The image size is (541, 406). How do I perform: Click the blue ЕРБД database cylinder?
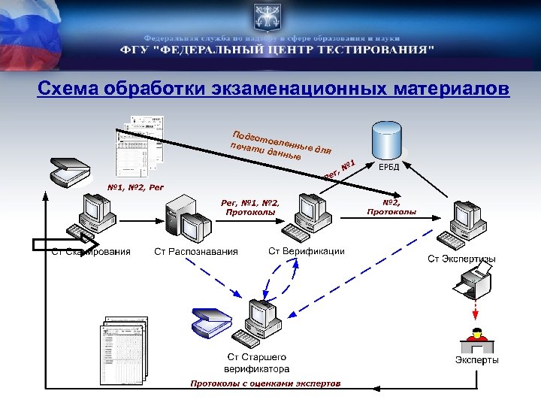388,141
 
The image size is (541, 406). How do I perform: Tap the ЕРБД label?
388,167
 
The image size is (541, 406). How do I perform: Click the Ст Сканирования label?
91,251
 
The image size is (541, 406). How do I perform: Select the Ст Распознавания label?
195,252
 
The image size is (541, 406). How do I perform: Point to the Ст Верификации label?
307,250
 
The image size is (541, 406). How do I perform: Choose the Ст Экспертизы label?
461,259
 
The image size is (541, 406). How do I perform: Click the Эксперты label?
476,360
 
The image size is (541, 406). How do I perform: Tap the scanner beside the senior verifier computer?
210,322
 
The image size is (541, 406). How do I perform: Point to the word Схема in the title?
70,89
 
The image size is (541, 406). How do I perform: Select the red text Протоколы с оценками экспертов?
265,383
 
